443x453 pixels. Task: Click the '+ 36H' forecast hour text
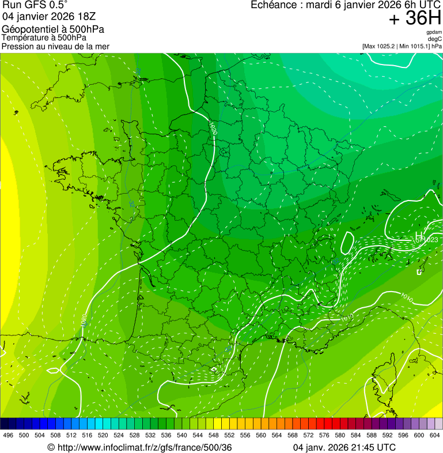pyautogui.click(x=415, y=18)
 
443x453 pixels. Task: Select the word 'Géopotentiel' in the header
pyautogui.click(x=28, y=29)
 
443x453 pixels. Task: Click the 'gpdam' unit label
pyautogui.click(x=434, y=32)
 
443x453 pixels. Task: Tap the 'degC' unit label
pyautogui.click(x=436, y=39)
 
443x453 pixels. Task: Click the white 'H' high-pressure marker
pyautogui.click(x=419, y=235)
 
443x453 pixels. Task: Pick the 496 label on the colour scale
pyautogui.click(x=8, y=435)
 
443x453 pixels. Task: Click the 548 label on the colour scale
pyautogui.click(x=213, y=435)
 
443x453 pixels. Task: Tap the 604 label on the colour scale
pyautogui.click(x=434, y=435)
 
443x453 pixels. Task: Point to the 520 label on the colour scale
pyautogui.click(x=103, y=435)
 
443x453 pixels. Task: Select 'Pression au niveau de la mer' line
pyautogui.click(x=55, y=46)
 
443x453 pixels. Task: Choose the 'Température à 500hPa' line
pyautogui.click(x=44, y=37)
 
